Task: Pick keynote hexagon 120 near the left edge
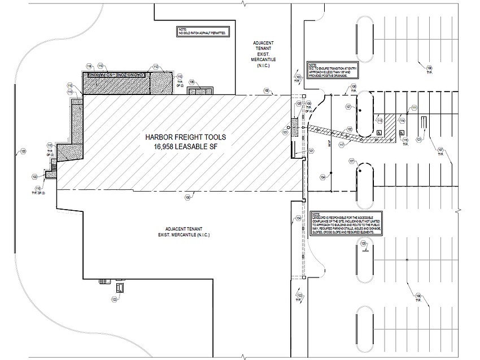pyautogui.click(x=23, y=151)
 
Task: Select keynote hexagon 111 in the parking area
pyautogui.click(x=414, y=107)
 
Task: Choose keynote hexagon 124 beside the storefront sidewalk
pyautogui.click(x=298, y=218)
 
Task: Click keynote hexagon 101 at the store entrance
pyautogui.click(x=286, y=132)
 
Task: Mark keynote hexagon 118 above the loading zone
pyautogui.click(x=89, y=66)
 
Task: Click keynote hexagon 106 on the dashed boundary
pyautogui.click(x=354, y=86)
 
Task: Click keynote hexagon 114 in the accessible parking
pyautogui.click(x=403, y=120)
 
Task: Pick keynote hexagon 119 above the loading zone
pyautogui.click(x=101, y=66)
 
